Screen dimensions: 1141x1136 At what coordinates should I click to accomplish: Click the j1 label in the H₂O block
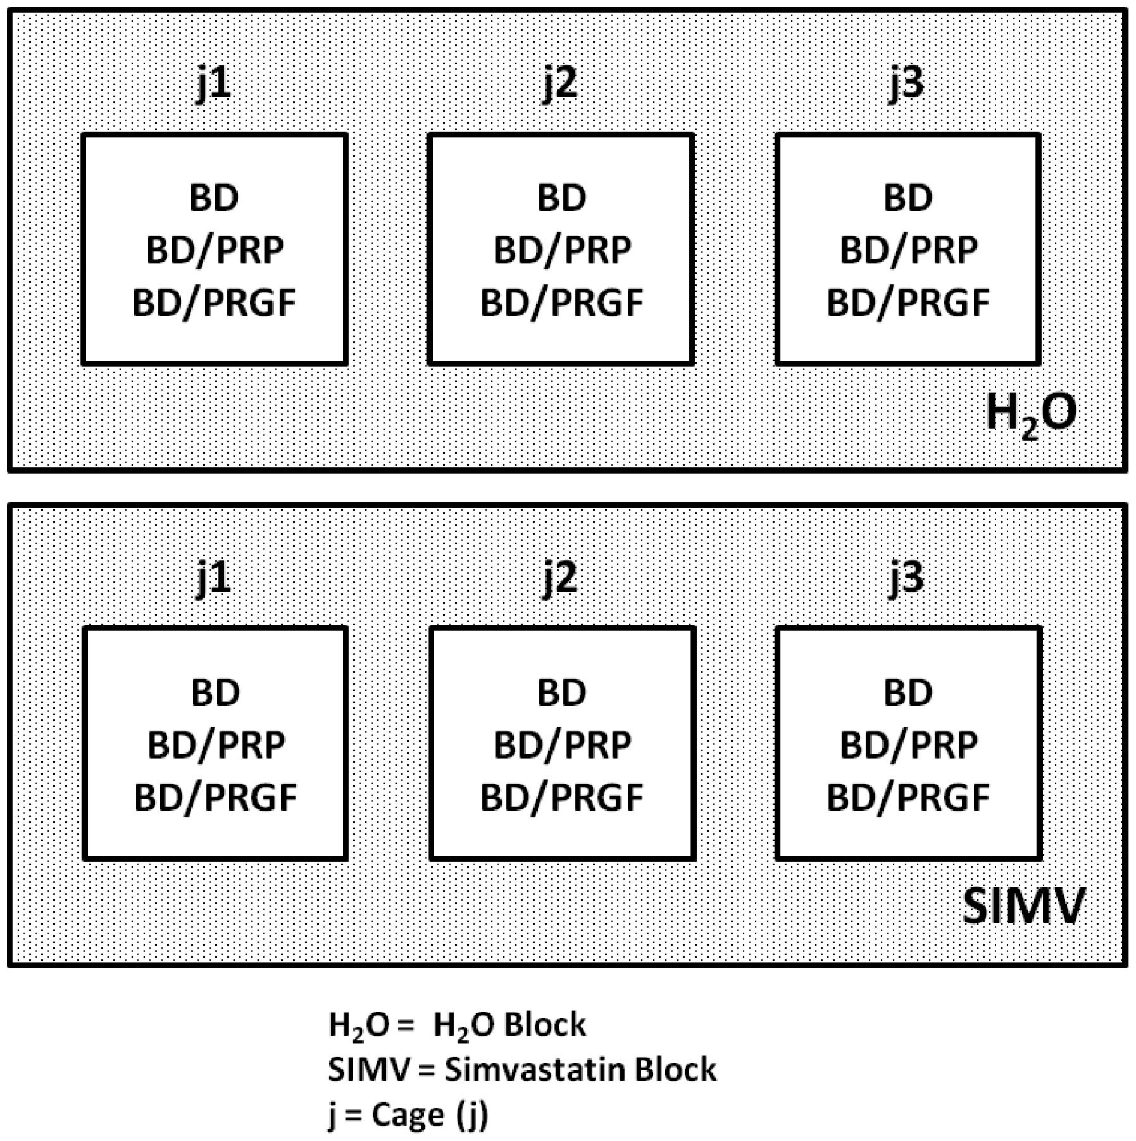pos(213,84)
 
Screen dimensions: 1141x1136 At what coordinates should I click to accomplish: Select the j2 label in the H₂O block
pos(561,84)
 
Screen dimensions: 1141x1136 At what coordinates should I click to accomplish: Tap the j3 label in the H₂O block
pos(907,84)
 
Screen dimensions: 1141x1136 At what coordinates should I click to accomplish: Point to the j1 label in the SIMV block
pos(213,578)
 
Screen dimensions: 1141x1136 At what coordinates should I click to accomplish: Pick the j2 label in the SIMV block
pos(561,578)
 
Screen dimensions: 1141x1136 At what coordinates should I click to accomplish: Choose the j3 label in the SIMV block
pos(907,578)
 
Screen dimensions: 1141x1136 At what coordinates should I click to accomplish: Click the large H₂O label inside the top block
pos(1031,414)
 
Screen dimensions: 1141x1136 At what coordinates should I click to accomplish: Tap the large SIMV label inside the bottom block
pos(1023,907)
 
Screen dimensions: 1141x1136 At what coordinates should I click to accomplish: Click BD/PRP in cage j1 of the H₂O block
pos(215,250)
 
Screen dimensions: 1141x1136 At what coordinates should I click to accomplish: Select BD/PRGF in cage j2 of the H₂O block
pos(561,303)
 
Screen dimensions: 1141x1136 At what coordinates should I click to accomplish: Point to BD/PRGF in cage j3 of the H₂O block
pos(908,303)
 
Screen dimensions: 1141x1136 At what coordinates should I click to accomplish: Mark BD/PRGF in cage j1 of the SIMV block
pos(215,797)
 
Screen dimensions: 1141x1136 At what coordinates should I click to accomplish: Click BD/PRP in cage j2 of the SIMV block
pos(561,745)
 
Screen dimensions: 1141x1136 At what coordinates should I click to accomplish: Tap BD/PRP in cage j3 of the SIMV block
pos(908,745)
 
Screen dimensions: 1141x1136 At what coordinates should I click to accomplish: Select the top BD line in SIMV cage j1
pos(215,692)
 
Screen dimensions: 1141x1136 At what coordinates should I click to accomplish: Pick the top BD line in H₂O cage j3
pos(908,198)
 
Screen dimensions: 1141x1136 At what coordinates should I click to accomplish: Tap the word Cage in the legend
pos(408,1114)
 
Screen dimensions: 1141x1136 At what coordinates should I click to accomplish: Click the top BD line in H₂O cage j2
pos(561,198)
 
